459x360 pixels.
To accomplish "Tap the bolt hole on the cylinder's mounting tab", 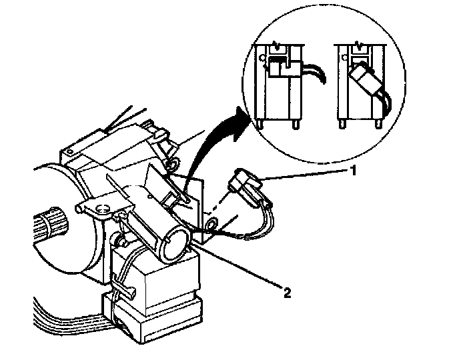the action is [x=102, y=211].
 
